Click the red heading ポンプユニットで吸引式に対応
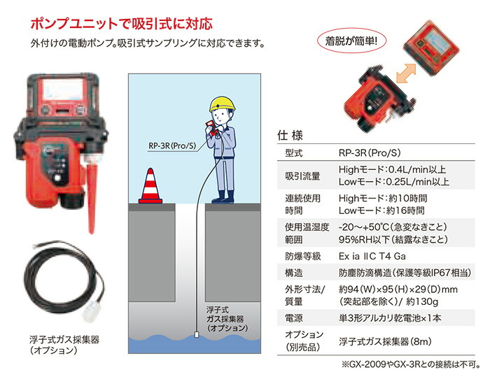pyautogui.click(x=122, y=24)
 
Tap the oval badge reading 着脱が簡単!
pyautogui.click(x=351, y=41)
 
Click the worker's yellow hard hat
pyautogui.click(x=222, y=103)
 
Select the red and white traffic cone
pyautogui.click(x=150, y=186)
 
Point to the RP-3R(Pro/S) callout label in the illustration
pyautogui.click(x=172, y=145)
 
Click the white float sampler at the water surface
pyautogui.click(x=196, y=335)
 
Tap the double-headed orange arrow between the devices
pyautogui.click(x=406, y=73)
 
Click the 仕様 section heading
pyautogui.click(x=290, y=136)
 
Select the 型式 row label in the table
pyautogui.click(x=294, y=153)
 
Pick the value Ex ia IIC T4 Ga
pyautogui.click(x=372, y=257)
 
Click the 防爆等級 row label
pyautogui.click(x=303, y=257)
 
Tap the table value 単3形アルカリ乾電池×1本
pyautogui.click(x=390, y=318)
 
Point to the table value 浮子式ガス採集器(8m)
pyautogui.click(x=385, y=341)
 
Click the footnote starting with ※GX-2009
pyautogui.click(x=411, y=364)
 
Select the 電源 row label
pyautogui.click(x=294, y=318)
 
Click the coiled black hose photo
pyautogui.click(x=64, y=280)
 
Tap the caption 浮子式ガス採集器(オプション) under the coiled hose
pyautogui.click(x=64, y=345)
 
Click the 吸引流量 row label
pyautogui.click(x=302, y=176)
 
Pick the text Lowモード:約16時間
pyautogui.click(x=381, y=210)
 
